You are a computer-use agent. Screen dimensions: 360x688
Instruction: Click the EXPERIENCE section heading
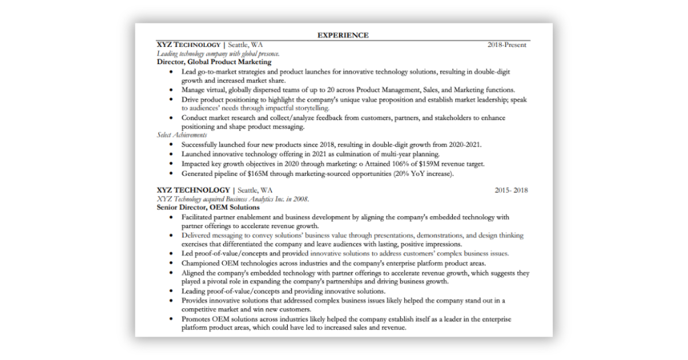click(x=343, y=36)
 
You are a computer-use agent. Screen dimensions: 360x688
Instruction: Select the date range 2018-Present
click(x=507, y=45)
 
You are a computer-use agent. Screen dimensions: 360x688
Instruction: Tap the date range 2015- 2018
click(x=511, y=190)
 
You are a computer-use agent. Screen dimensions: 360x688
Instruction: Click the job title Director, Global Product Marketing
click(x=214, y=62)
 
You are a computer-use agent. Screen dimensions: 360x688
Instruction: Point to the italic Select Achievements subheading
click(x=182, y=135)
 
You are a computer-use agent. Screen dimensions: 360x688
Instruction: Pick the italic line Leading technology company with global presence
click(x=218, y=53)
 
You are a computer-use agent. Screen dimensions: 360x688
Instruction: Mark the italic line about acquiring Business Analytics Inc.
click(x=233, y=199)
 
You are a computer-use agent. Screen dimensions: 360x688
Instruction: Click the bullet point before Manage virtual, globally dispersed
click(x=171, y=90)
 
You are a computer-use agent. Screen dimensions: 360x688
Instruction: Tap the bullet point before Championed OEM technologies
click(x=171, y=263)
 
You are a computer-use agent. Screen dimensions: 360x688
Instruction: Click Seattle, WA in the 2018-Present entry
click(x=246, y=45)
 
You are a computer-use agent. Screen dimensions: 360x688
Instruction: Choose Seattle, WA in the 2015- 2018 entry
click(x=255, y=190)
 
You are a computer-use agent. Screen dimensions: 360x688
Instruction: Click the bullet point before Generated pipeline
click(x=171, y=174)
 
